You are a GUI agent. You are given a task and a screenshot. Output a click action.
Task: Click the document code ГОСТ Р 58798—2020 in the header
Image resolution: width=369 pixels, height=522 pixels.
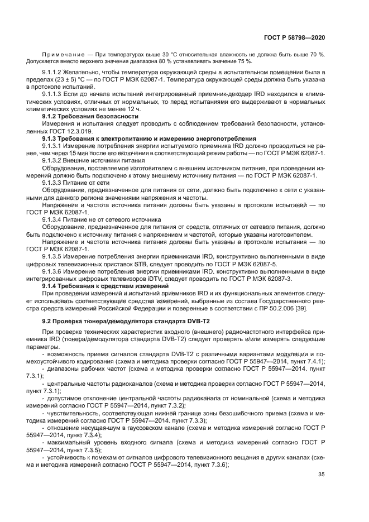point(294,37)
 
